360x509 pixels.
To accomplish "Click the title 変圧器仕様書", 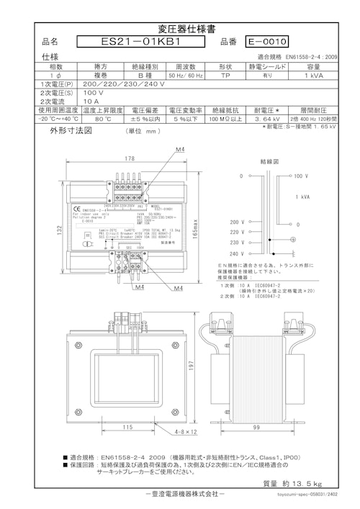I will (x=180, y=27).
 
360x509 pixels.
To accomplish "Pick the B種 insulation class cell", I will (x=142, y=75).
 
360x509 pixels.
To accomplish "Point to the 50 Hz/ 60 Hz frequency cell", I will (x=186, y=75).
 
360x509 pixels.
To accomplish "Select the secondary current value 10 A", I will (x=72, y=102).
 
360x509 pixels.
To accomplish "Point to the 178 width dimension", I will (x=130, y=158).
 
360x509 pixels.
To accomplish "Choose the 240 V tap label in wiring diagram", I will (x=236, y=254).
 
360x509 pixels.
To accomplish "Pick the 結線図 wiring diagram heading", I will (x=270, y=162).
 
